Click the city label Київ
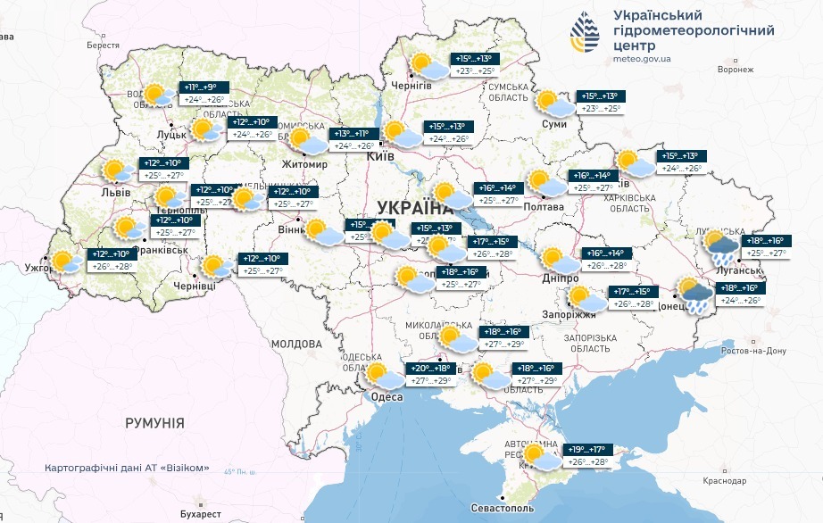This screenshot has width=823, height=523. pyautogui.click(x=382, y=156)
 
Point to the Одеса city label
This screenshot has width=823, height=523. pyautogui.click(x=387, y=398)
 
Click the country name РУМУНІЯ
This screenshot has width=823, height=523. pyautogui.click(x=154, y=422)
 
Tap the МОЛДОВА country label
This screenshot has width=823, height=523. pyautogui.click(x=296, y=344)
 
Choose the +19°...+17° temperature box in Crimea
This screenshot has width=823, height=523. pyautogui.click(x=586, y=450)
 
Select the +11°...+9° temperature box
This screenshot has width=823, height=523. pyautogui.click(x=201, y=87)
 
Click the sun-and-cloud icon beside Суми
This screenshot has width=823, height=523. pyautogui.click(x=553, y=103)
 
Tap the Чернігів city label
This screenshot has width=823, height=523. pyautogui.click(x=412, y=85)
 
